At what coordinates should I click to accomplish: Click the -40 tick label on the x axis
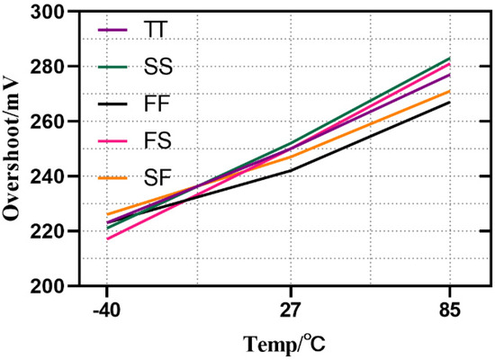[x=106, y=311]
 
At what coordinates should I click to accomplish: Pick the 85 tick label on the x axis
[x=450, y=311]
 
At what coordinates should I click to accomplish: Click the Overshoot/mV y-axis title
[x=15, y=148]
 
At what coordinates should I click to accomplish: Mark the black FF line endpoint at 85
[x=450, y=102]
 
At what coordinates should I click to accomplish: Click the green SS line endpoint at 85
[x=450, y=58]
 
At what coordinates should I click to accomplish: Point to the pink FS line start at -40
[x=107, y=238]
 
